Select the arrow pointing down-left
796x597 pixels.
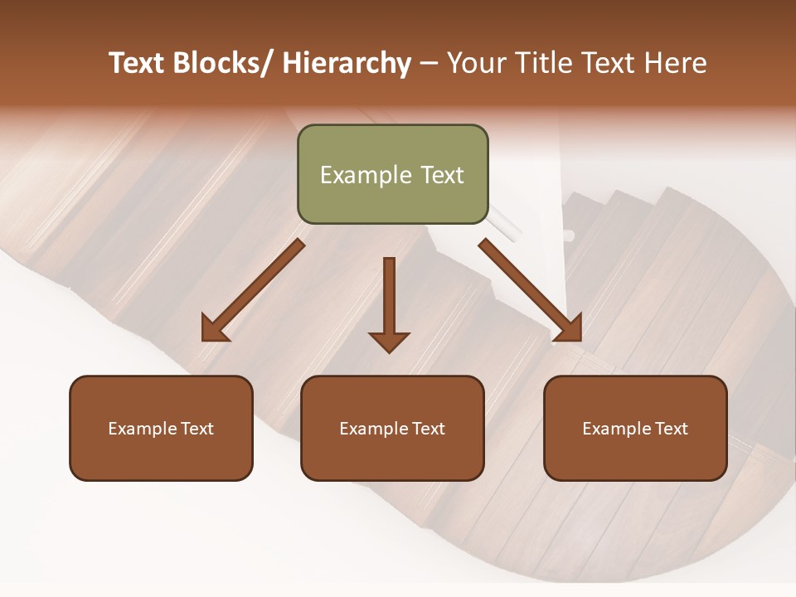pyautogui.click(x=253, y=290)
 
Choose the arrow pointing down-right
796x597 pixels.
pyautogui.click(x=531, y=290)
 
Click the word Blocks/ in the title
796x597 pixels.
pyautogui.click(x=218, y=63)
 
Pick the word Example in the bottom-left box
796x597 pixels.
pyautogui.click(x=142, y=429)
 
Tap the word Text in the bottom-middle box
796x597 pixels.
pyautogui.click(x=428, y=429)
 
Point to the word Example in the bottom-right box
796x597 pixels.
pyautogui.click(x=616, y=429)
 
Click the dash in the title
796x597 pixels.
pyautogui.click(x=430, y=63)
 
